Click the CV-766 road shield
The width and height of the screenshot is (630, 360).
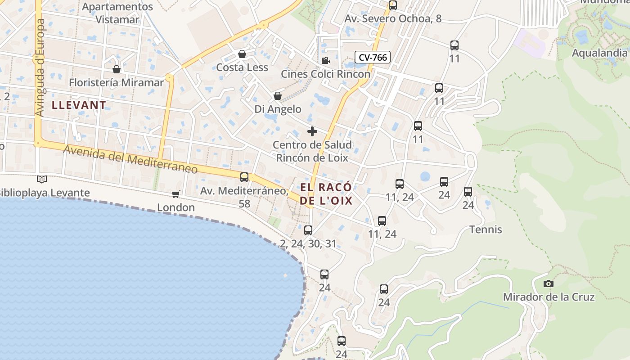click(x=373, y=57)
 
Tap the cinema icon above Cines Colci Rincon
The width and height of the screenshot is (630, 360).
click(x=325, y=60)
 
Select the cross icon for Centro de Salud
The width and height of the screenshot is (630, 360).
click(x=312, y=131)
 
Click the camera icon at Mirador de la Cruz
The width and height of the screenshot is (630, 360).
click(x=548, y=283)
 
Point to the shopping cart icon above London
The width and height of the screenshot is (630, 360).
click(x=175, y=194)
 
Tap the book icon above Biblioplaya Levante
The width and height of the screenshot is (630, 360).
click(x=42, y=179)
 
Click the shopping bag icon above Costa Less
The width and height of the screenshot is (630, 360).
click(x=242, y=54)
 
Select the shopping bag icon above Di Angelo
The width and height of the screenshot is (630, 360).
click(x=278, y=96)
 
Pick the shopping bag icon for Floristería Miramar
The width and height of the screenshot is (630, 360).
click(x=117, y=69)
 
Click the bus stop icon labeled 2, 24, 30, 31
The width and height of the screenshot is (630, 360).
click(x=308, y=230)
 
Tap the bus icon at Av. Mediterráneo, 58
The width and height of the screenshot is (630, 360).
click(x=244, y=177)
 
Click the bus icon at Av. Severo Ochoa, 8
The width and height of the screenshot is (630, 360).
click(x=393, y=5)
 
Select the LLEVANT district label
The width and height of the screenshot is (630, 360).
click(x=79, y=105)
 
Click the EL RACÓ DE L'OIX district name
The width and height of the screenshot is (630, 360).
click(x=326, y=194)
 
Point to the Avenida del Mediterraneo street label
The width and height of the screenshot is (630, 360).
click(x=130, y=160)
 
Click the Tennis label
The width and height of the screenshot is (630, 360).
click(x=486, y=229)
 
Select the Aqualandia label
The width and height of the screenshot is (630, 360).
click(x=599, y=53)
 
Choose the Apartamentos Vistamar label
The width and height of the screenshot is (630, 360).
click(x=117, y=13)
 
